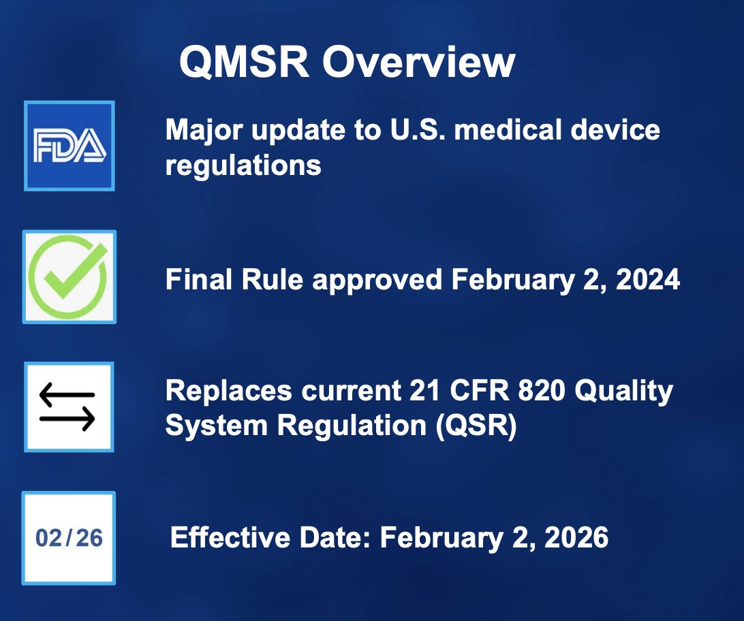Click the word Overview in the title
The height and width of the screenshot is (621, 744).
coord(418,63)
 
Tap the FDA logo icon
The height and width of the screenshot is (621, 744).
coord(69,146)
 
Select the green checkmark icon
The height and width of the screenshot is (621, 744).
coord(69,276)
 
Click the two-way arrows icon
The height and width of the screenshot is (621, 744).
coord(68,407)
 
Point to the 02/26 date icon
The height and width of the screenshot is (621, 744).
coord(69,538)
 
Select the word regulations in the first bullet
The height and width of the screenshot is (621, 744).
coord(243,165)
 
